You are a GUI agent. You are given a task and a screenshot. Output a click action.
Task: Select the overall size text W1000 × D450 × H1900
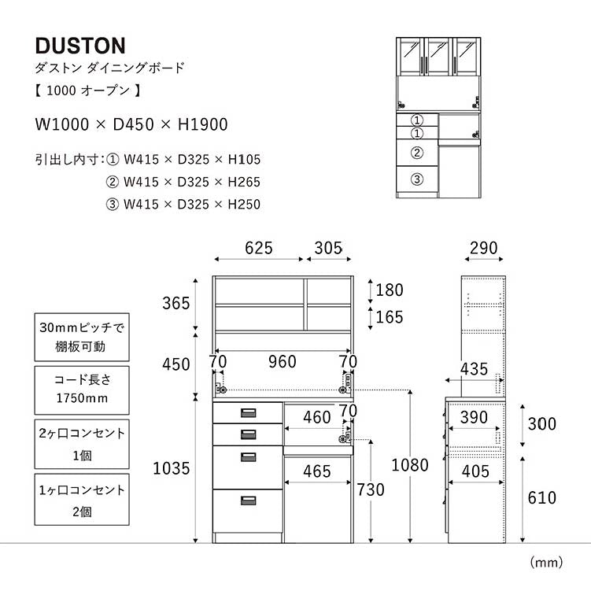131,124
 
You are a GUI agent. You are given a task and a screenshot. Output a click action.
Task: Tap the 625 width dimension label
258,249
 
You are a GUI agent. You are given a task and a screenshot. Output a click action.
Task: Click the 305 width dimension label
328,249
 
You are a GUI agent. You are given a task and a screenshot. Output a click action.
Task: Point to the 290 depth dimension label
482,249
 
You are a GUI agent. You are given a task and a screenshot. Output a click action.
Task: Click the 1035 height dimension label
172,469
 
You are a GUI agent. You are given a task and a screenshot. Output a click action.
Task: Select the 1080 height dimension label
409,465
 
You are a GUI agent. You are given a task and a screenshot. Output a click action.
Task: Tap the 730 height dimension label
370,489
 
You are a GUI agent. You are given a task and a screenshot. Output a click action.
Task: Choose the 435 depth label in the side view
474,368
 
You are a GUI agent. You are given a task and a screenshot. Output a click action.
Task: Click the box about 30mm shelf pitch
82,336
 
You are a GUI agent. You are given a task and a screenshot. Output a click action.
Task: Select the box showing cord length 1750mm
82,388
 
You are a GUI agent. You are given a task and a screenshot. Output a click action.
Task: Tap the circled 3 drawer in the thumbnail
418,179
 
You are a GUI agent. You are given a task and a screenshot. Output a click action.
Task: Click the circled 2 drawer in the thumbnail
418,153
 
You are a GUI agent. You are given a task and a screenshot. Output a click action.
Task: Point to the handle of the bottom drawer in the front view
248,500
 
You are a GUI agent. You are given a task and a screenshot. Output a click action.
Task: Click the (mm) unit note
546,562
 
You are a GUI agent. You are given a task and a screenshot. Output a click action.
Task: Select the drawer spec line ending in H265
183,183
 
